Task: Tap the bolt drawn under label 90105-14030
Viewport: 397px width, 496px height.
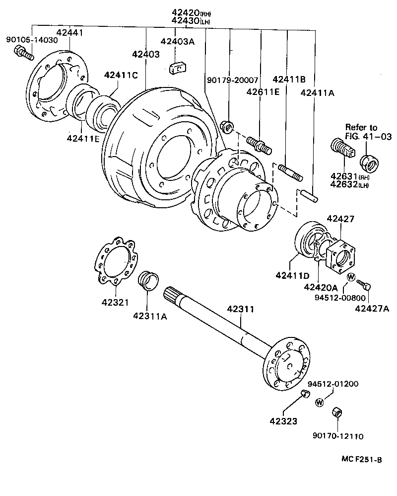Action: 23,52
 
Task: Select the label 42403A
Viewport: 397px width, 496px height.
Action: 177,42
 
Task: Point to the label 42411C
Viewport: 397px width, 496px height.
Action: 121,76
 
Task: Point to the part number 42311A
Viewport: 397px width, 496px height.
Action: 149,315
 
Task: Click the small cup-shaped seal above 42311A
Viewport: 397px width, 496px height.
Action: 147,281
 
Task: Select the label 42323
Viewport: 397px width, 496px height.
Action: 283,421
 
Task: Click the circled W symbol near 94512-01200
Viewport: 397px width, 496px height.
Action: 320,402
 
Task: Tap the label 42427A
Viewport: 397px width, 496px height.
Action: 372,309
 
